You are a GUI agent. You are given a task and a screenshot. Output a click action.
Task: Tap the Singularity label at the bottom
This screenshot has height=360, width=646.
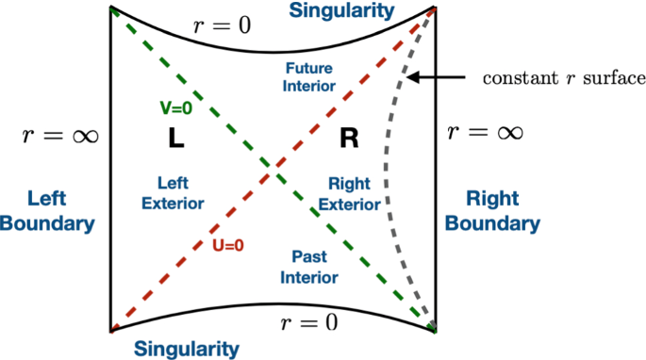click(186, 349)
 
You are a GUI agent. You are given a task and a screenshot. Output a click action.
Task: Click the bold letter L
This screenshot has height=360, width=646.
click(175, 139)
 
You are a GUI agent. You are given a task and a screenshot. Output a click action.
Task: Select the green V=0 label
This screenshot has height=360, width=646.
click(175, 108)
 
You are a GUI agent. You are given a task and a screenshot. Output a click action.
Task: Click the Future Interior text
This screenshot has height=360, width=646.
click(308, 76)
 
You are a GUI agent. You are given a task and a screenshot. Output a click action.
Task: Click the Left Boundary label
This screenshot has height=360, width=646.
click(47, 211)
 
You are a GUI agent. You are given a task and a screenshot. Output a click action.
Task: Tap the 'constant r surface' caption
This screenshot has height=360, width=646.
click(563, 78)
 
